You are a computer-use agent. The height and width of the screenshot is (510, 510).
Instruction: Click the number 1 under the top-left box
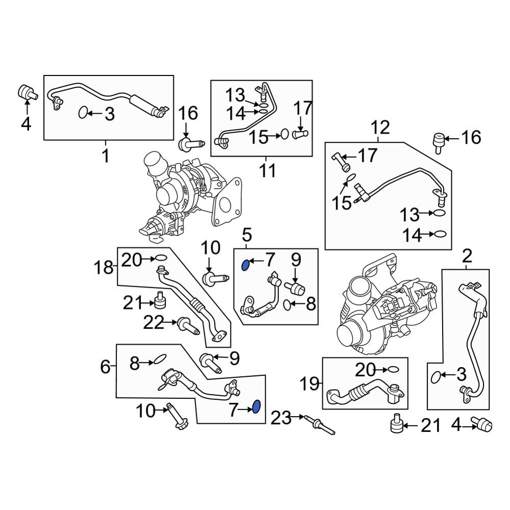(106, 155)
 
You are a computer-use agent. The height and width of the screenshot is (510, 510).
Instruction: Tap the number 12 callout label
(380, 127)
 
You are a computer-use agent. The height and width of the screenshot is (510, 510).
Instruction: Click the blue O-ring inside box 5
(245, 264)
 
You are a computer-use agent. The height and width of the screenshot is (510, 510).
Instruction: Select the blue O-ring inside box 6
(257, 407)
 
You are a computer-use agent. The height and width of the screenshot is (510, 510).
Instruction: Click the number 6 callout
(105, 366)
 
